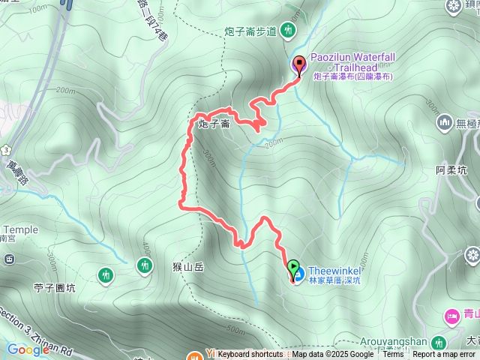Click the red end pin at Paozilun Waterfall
click(299, 64)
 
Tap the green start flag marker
click(293, 266)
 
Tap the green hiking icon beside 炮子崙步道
click(289, 31)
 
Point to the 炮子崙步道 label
click(250, 31)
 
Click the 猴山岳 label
click(188, 266)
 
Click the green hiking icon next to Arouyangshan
click(439, 343)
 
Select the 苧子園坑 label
click(55, 287)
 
